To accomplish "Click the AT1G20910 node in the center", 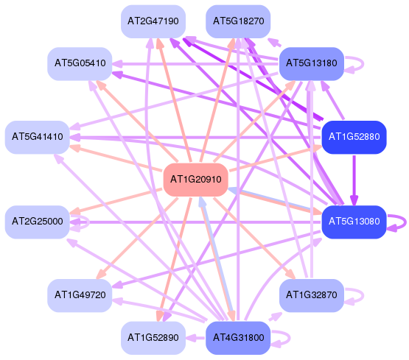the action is tap(195, 180).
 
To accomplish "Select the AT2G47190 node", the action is tap(153, 21).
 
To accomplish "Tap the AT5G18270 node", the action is tap(238, 21).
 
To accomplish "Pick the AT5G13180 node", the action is tap(312, 63).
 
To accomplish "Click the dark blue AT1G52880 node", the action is tap(354, 137).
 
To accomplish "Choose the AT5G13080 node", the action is tap(354, 222).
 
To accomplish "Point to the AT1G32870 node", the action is tap(312, 295).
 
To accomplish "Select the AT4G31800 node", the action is tap(238, 338).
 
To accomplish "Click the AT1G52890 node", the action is tap(153, 338).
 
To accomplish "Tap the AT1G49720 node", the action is tap(80, 295).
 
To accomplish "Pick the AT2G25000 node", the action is tap(38, 222).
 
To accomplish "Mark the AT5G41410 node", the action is tap(38, 137).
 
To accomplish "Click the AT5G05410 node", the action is tap(80, 63).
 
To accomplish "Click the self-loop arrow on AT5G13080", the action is tap(405, 222).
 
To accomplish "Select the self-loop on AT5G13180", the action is tap(363, 63).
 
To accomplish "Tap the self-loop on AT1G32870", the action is tap(363, 295).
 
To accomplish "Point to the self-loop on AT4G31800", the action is tap(290, 338).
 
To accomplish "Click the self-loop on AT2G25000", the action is tap(88, 222).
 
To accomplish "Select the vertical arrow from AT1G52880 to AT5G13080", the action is tap(354, 180).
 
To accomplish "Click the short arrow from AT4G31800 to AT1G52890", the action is tap(195, 338).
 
